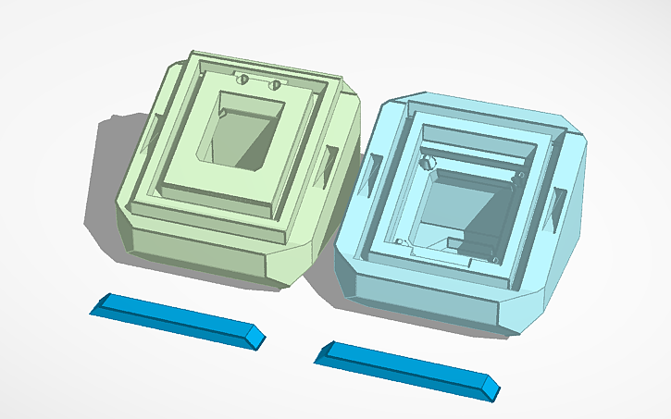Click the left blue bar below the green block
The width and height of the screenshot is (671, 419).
176,318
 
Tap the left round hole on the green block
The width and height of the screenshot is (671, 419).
244,80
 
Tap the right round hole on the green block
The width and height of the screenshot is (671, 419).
274,85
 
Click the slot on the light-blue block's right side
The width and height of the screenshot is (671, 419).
559,207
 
